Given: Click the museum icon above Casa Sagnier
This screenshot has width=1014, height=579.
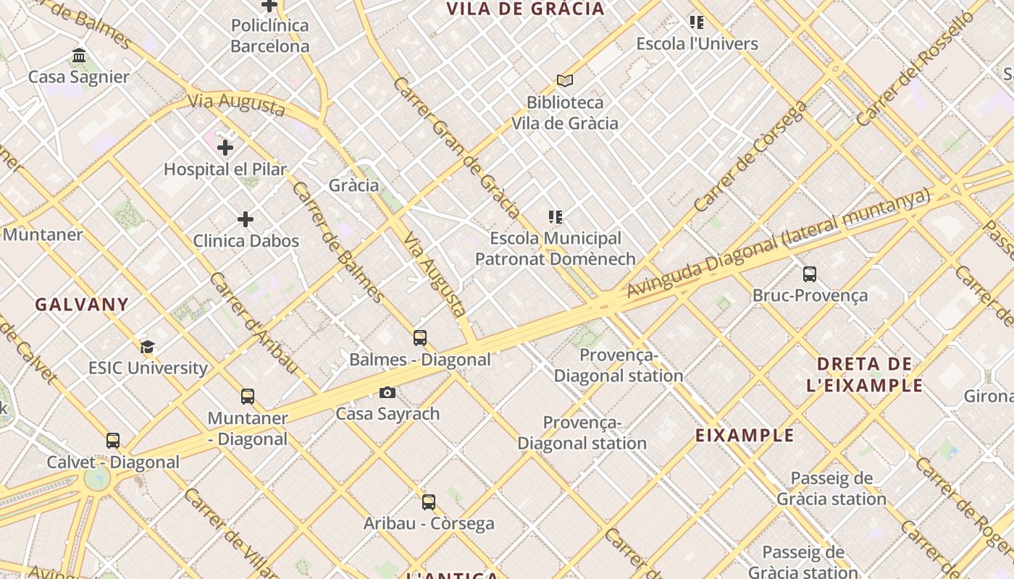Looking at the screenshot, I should point(79,56).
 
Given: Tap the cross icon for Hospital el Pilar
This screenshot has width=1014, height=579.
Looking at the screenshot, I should point(225,148).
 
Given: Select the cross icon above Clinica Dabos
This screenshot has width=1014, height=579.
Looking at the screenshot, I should point(246,219).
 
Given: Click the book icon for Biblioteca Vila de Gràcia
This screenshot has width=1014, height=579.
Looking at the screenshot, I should point(565,80).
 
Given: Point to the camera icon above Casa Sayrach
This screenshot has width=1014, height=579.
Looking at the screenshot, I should point(387,392).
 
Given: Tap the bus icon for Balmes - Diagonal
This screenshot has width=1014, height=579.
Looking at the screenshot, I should point(420,337).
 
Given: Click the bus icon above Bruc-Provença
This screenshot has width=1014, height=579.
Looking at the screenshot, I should point(810,274).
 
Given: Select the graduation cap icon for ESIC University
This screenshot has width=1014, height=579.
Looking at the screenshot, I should point(148,347).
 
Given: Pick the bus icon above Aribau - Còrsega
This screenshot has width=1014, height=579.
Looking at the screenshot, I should point(429,502).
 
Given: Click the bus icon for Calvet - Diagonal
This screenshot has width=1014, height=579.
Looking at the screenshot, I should point(113,440).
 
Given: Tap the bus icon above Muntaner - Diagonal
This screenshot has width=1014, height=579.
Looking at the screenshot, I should point(248,396).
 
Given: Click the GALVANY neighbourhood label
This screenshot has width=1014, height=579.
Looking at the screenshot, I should point(82,304).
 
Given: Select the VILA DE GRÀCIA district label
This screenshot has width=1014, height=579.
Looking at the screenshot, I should point(525,9).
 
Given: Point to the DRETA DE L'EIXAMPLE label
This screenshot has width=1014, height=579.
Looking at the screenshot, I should point(865,374).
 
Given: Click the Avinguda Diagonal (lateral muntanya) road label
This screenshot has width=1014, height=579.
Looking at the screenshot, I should point(778,243).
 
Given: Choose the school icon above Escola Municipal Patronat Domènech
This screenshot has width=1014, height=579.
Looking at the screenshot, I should point(556,216).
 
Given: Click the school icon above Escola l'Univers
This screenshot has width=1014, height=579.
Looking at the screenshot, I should point(697,22).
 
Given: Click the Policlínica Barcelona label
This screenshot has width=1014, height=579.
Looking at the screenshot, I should point(270,35).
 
